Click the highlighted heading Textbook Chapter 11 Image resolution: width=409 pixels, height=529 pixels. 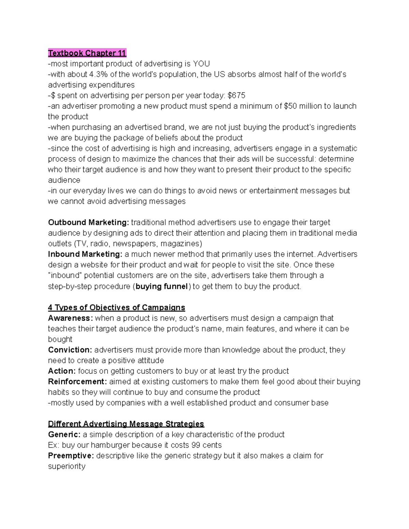[87, 53]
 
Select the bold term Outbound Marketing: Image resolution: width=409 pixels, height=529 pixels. [89, 222]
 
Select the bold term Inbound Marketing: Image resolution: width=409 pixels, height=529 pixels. [85, 254]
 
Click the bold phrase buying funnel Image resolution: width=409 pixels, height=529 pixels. [162, 286]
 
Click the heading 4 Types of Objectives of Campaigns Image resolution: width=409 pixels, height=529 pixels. [117, 308]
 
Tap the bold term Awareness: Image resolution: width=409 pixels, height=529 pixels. [70, 318]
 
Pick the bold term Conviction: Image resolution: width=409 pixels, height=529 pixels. [70, 350]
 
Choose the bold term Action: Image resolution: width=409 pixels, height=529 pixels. [62, 371]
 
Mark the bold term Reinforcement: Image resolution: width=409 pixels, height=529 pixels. [77, 382]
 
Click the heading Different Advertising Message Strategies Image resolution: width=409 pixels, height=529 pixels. [126, 424]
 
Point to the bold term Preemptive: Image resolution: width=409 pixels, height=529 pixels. [71, 456]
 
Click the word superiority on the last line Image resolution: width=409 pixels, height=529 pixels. [67, 466]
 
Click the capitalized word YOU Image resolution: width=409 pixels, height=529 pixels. [201, 64]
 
